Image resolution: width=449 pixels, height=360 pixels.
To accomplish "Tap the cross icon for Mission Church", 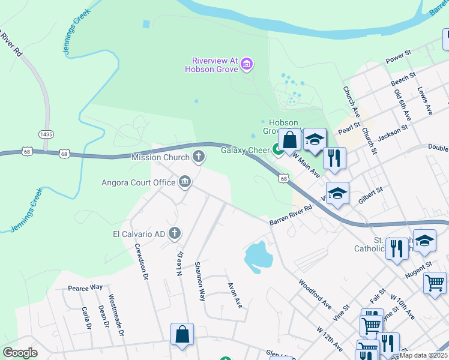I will point(198,157).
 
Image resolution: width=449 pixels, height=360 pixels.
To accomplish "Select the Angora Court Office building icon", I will point(185,182).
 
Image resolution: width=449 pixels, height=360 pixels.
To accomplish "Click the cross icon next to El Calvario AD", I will point(175,233).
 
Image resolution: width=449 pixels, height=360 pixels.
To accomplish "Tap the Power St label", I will point(398,57).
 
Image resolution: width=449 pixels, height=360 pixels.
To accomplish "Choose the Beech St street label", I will point(403,80).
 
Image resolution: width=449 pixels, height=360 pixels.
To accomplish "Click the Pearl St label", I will point(348,129).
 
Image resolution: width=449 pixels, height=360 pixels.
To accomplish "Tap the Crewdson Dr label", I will point(141,262).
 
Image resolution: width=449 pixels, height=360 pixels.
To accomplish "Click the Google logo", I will point(20,353).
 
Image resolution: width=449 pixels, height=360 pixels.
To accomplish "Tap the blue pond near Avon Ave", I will point(258,255).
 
